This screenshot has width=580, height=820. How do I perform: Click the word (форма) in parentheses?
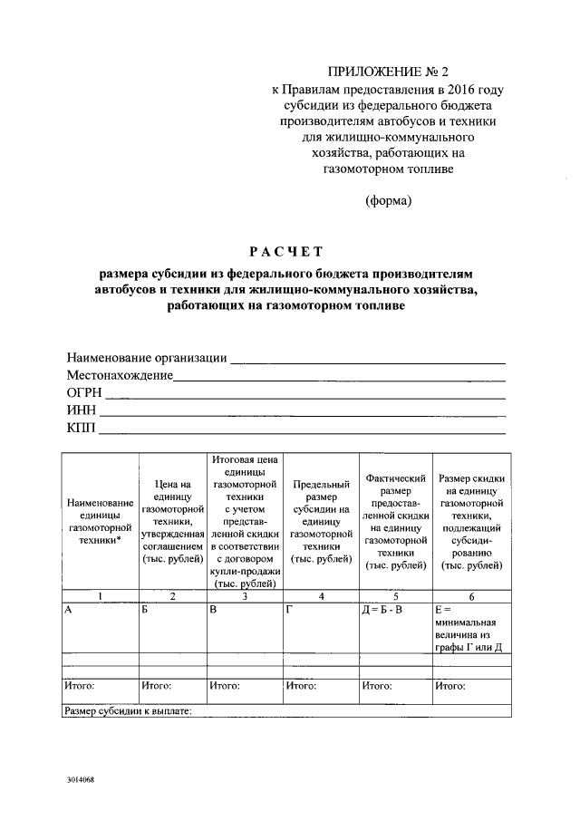pos(388,201)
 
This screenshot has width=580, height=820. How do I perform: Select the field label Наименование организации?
pos(146,358)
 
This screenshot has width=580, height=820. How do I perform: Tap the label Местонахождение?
pos(119,375)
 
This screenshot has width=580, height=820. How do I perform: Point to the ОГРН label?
pos(83,392)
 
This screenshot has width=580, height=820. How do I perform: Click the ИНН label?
pos(81,410)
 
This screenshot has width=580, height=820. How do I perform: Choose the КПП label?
pos(80,428)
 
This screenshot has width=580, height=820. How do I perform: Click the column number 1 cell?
pos(100,595)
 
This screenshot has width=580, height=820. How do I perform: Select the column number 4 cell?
pos(321,595)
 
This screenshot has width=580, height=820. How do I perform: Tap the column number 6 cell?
pos(470,595)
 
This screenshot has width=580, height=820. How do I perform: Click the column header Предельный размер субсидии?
pos(321,523)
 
